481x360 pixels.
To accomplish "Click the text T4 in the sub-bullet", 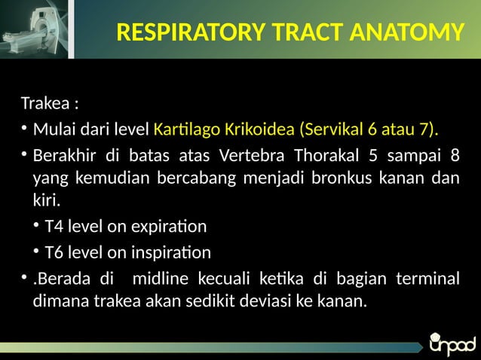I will [54, 227].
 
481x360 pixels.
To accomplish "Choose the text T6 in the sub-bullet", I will [54, 252].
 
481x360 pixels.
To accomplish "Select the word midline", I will [163, 279].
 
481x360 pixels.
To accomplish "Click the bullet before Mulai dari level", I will [25, 129].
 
